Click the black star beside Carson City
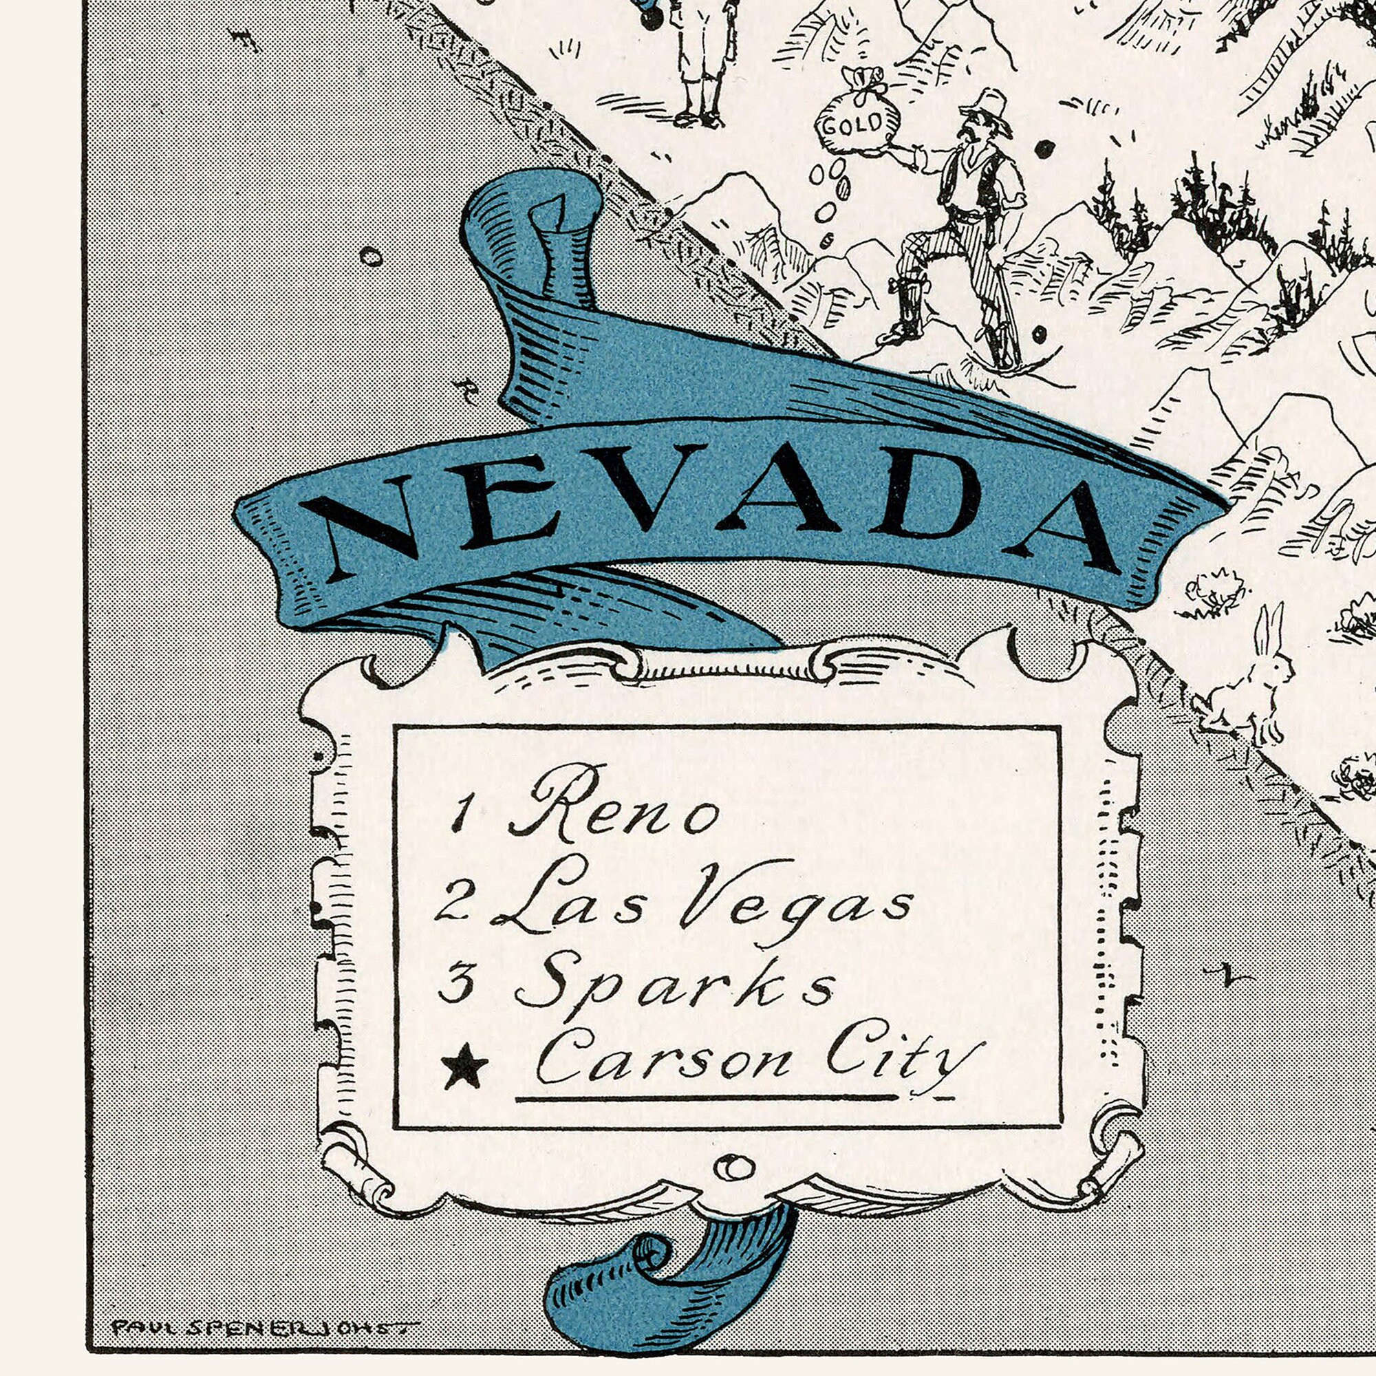tap(465, 1067)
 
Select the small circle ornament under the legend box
tap(733, 1168)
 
